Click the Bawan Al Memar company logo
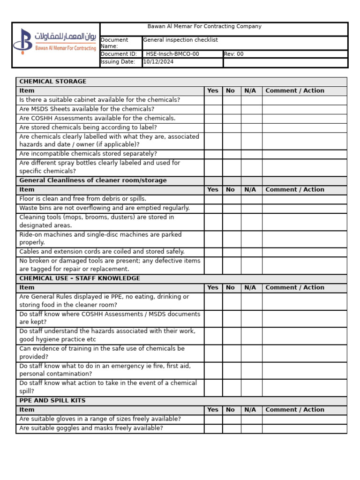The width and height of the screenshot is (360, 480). click(x=55, y=40)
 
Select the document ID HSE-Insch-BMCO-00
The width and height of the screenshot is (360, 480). click(x=172, y=54)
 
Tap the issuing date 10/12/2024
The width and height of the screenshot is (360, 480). click(x=158, y=62)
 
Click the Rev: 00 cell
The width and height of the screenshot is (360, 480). click(x=234, y=54)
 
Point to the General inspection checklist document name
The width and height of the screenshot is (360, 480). click(x=180, y=40)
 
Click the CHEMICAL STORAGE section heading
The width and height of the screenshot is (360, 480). click(x=53, y=82)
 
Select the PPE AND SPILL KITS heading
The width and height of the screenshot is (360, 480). click(x=52, y=401)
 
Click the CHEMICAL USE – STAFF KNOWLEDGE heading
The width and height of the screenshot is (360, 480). click(x=80, y=278)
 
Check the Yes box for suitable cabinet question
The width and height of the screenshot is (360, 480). click(x=213, y=100)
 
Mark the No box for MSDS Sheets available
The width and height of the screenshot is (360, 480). click(x=232, y=109)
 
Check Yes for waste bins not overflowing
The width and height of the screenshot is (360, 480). click(x=213, y=208)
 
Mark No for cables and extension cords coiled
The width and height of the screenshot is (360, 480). click(x=232, y=252)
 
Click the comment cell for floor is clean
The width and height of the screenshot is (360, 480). click(x=304, y=199)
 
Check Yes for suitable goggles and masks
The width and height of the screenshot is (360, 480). click(x=213, y=428)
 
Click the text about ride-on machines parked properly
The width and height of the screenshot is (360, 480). click(x=100, y=239)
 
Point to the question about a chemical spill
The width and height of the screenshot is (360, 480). click(x=108, y=387)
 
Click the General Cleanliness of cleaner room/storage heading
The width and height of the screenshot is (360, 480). click(x=93, y=180)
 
